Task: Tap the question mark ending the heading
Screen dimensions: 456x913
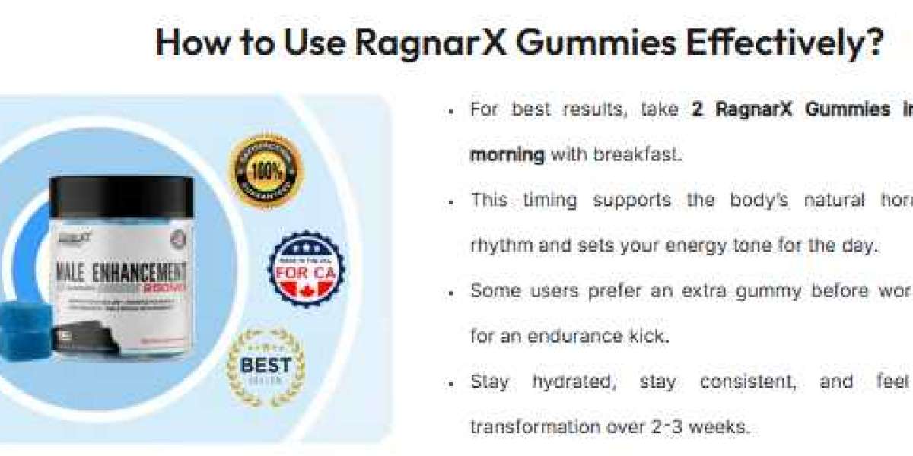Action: [873, 43]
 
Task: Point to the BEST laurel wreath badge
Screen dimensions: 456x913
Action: [266, 367]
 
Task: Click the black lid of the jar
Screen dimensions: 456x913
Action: [122, 195]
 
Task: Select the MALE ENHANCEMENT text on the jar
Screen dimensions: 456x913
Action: [120, 273]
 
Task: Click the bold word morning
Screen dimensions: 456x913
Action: [507, 155]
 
